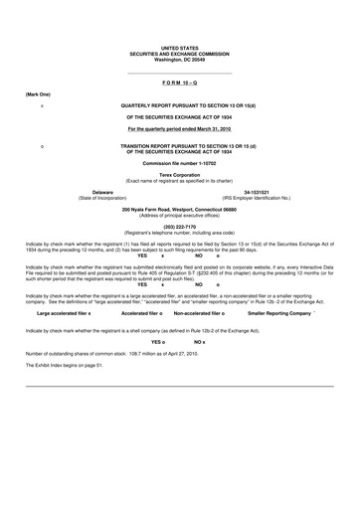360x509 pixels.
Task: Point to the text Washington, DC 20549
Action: click(179, 59)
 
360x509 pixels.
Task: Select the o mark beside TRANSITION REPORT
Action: click(40, 146)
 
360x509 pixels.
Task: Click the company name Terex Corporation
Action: click(179, 174)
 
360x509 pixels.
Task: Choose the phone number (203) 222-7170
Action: click(179, 226)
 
